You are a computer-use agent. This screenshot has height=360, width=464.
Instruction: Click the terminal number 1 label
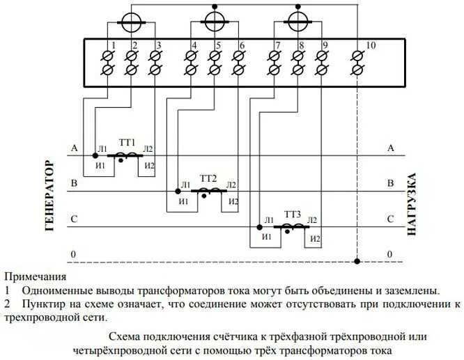[x=114, y=46]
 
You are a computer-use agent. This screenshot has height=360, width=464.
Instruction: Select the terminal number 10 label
[x=370, y=46]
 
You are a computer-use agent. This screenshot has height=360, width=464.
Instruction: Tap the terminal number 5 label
[x=218, y=46]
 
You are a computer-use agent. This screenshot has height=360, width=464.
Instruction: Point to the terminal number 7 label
[x=278, y=46]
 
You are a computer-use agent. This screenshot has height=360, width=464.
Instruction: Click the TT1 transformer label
[x=126, y=141]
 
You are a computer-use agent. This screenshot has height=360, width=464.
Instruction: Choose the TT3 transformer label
[x=292, y=214]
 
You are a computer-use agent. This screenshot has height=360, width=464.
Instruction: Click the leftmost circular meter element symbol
[x=128, y=23]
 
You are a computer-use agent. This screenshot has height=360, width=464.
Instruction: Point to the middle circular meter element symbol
[x=214, y=21]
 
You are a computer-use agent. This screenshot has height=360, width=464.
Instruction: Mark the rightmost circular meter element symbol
[x=299, y=20]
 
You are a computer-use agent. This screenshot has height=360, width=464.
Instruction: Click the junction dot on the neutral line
[x=356, y=262]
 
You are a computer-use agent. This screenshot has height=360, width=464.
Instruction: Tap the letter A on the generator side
[x=73, y=148]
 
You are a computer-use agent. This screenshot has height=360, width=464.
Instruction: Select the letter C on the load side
[x=390, y=220]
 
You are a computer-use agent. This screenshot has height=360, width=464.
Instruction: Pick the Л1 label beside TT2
[x=185, y=185]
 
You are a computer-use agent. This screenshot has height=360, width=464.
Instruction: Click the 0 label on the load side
[x=390, y=255]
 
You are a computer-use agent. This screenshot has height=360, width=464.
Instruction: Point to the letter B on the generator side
[x=73, y=185]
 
